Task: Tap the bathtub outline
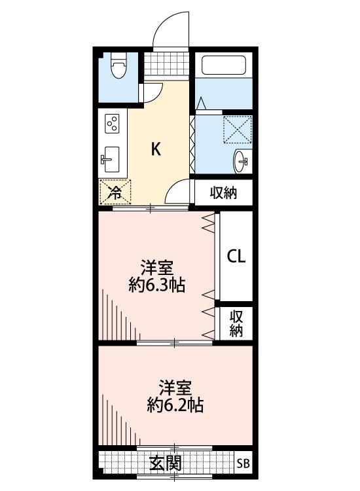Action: pos(223,65)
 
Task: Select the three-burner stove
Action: pos(113,123)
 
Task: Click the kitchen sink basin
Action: pos(111,159)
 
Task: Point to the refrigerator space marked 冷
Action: pos(115,192)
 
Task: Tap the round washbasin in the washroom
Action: pos(242,162)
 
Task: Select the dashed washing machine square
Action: pos(238,130)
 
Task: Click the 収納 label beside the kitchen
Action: pos(223,193)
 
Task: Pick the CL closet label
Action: pos(236,257)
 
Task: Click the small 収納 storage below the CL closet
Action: pos(236,324)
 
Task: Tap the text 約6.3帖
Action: pos(157,285)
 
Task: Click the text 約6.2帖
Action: pos(175,405)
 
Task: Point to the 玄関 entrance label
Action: pos(166,463)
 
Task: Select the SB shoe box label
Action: pos(243,463)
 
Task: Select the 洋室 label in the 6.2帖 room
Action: pos(175,388)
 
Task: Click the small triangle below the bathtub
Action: pos(201,103)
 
